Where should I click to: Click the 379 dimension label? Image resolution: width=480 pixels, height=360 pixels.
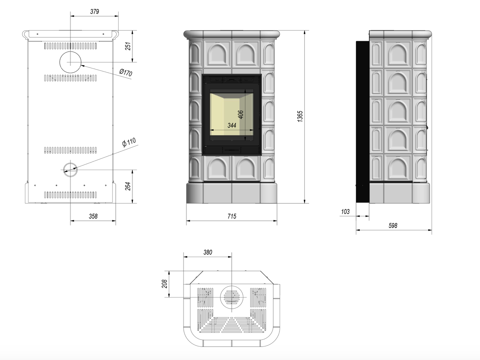94,12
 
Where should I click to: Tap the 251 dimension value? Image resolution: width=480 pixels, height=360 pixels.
128,46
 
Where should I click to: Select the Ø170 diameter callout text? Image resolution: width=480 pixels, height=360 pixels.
126,72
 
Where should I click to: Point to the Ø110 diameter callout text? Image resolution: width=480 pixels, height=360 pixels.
129,142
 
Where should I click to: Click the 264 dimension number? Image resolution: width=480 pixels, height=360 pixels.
128,186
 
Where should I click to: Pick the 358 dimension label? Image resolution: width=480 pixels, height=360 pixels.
93,216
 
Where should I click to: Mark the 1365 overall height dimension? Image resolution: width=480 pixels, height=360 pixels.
300,116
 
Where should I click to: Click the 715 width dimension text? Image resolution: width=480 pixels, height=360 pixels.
232,216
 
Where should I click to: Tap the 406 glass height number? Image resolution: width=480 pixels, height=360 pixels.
240,115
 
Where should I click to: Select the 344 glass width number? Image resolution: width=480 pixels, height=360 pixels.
232,125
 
